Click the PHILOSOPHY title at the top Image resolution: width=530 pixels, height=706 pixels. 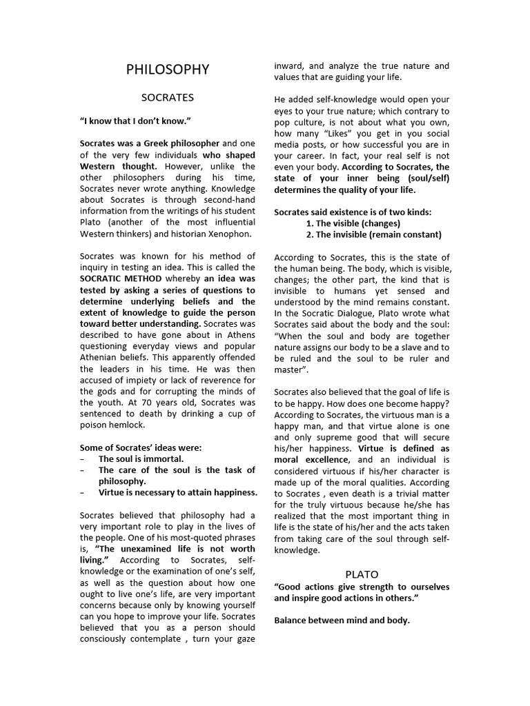[x=168, y=70]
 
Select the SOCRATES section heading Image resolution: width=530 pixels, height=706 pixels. [x=168, y=97]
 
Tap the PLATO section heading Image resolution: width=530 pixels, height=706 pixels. [x=362, y=574]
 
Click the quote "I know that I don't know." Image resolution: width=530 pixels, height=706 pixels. [x=135, y=121]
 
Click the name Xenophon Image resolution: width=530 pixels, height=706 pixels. [x=228, y=234]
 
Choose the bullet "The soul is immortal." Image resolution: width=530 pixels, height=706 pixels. [x=141, y=458]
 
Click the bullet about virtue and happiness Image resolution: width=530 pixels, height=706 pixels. [x=178, y=492]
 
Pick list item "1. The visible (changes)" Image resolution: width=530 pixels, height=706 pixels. [x=353, y=223]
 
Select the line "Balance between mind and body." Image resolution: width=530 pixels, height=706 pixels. [x=342, y=621]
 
